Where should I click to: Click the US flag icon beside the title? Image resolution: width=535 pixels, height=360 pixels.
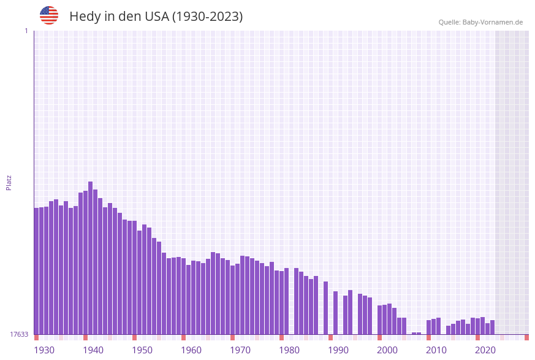click(49, 15)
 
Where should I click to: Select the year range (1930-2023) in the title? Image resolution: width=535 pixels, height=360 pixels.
click(207, 17)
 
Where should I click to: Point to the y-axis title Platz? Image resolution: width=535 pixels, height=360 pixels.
click(9, 182)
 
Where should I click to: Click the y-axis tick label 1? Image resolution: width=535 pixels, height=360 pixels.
click(26, 31)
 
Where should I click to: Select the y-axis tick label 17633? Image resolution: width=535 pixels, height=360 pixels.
click(19, 334)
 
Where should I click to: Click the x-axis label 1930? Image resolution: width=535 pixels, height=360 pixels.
click(44, 350)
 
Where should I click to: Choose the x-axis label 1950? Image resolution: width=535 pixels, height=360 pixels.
click(142, 350)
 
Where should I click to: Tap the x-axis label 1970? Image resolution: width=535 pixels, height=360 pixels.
click(240, 350)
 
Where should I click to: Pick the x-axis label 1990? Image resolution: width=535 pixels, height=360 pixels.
click(338, 350)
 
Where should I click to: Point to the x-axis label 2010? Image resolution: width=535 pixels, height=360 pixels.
click(436, 350)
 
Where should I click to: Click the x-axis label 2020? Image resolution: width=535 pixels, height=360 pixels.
click(485, 350)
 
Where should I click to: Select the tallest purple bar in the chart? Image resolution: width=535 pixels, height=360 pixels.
click(91, 258)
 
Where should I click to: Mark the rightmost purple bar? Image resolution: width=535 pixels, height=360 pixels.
click(493, 327)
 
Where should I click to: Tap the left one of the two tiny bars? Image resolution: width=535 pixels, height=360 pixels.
click(414, 334)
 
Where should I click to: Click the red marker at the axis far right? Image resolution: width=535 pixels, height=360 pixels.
click(526, 337)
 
